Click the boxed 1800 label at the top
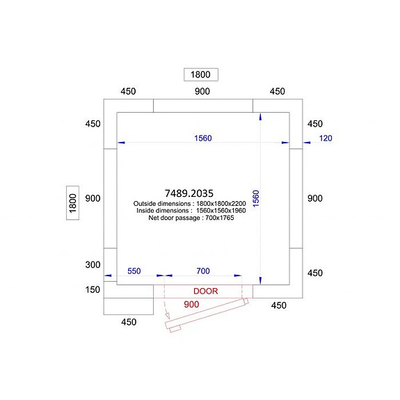click(201, 74)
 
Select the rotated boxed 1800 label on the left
click(73, 203)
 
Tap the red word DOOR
click(206, 291)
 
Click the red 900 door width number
click(191, 304)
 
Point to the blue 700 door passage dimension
click(203, 271)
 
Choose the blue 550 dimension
click(134, 271)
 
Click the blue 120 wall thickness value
click(326, 138)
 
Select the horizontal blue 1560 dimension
click(203, 138)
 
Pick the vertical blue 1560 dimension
click(255, 198)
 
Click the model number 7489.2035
click(189, 193)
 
